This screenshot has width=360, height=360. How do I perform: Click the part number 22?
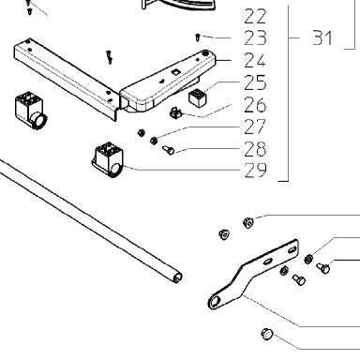[x=255, y=17]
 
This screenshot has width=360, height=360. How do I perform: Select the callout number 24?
[x=255, y=60]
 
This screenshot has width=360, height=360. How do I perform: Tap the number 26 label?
[x=255, y=105]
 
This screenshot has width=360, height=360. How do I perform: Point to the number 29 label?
[x=256, y=171]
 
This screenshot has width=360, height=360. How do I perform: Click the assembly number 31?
[x=322, y=37]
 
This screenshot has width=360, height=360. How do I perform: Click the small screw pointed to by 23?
[x=197, y=37]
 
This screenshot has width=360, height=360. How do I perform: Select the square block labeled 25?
[x=198, y=97]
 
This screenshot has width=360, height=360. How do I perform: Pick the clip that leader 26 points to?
[x=175, y=112]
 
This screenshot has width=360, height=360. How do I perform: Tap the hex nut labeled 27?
[x=154, y=141]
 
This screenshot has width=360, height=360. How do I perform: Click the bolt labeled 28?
[x=169, y=150]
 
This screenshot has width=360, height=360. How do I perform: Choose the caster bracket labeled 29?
[x=108, y=159]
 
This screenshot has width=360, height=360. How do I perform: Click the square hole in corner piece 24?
[x=174, y=72]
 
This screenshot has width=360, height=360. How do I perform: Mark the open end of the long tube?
[x=178, y=277]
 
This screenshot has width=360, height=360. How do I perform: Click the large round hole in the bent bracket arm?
[x=215, y=302]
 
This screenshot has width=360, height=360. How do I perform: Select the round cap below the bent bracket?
[x=267, y=334]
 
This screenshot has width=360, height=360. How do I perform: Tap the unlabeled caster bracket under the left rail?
[x=31, y=111]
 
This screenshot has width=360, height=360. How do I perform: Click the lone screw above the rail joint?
[x=109, y=57]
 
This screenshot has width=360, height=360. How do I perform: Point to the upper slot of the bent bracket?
[x=292, y=250]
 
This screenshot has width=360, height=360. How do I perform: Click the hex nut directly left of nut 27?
[x=141, y=133]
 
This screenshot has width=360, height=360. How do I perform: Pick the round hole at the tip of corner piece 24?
[x=205, y=53]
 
